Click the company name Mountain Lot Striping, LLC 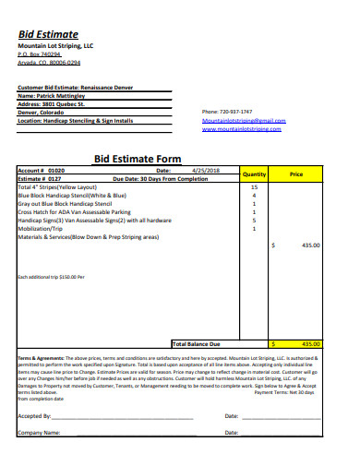(x=55, y=45)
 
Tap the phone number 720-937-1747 (x=227, y=112)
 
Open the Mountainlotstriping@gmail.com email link (x=244, y=121)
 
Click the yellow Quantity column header (x=254, y=173)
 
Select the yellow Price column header (x=296, y=173)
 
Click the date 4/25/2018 (x=205, y=171)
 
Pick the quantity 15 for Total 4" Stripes (x=254, y=186)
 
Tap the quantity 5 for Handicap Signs (x=254, y=220)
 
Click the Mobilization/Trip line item (x=45, y=228)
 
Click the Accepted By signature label (x=35, y=416)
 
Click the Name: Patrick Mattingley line (x=56, y=96)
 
